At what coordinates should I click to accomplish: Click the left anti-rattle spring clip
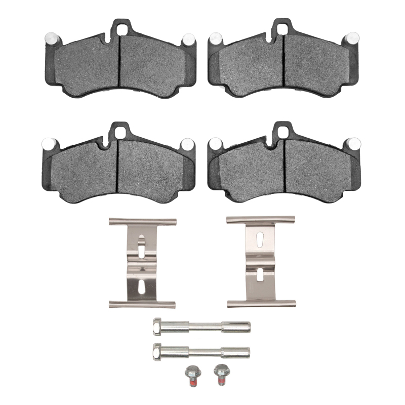[x=142, y=263]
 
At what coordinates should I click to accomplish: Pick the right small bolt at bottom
[x=219, y=375]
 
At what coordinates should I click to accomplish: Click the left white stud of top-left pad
[x=51, y=37]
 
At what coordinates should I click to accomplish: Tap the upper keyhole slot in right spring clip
[x=259, y=240]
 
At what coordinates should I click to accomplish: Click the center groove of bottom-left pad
[x=118, y=167]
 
